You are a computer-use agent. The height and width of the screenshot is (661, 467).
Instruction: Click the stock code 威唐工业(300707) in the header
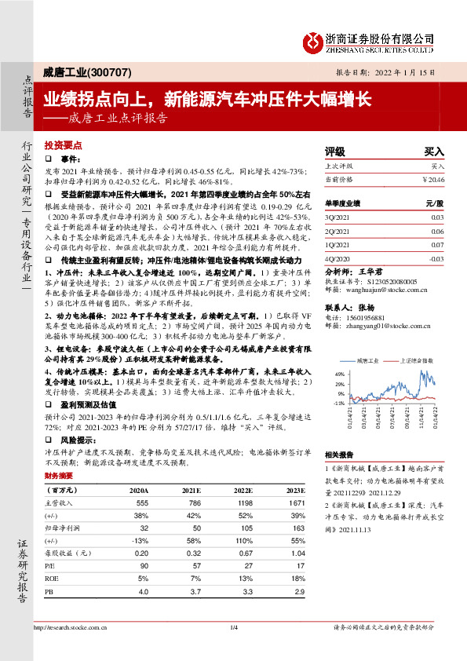[x=82, y=72]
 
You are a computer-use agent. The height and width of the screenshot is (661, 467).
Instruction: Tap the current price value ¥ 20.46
[x=433, y=179]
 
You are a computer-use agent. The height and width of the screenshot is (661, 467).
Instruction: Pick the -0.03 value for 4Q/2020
[x=437, y=256]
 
